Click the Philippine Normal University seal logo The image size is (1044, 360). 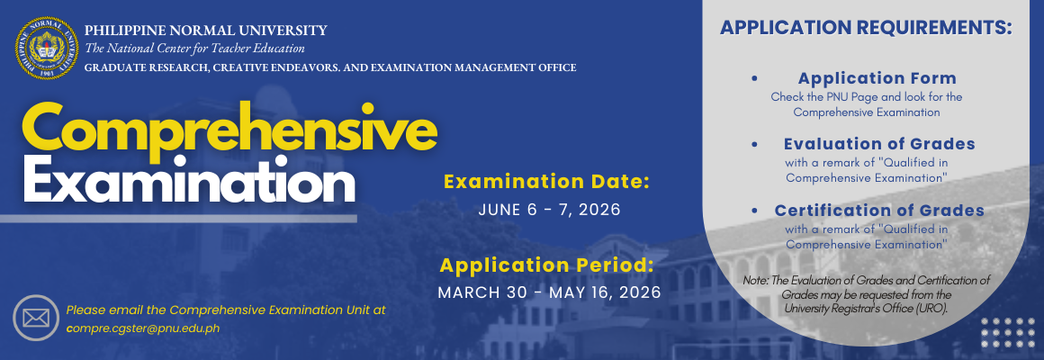click(x=46, y=48)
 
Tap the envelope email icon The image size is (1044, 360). click(x=36, y=318)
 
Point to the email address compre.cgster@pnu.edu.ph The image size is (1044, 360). click(x=142, y=328)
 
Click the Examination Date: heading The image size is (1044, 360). click(x=546, y=182)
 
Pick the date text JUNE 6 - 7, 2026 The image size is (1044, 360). click(x=549, y=211)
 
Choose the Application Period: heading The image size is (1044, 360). click(x=546, y=265)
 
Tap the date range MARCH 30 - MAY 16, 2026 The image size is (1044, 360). click(x=549, y=292)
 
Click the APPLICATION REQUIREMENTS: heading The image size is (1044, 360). click(x=866, y=29)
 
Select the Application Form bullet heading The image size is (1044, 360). click(x=877, y=78)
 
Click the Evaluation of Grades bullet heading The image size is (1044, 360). click(x=879, y=144)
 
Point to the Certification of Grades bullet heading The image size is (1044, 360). click(x=879, y=211)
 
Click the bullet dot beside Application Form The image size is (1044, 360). click(x=754, y=78)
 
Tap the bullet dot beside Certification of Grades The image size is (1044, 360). click(x=754, y=211)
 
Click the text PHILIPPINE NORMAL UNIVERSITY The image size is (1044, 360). click(x=206, y=31)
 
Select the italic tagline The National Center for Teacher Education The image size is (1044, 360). click(x=194, y=49)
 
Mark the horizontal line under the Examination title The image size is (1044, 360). click(x=178, y=219)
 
